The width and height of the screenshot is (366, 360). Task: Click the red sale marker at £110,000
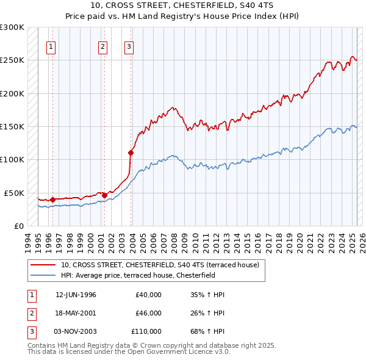tap(131, 153)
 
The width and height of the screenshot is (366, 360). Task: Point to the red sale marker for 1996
tap(52, 199)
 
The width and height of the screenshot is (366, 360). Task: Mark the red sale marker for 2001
tap(104, 195)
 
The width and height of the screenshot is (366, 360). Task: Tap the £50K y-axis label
tap(14, 193)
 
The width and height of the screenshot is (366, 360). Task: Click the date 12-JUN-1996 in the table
tap(76, 295)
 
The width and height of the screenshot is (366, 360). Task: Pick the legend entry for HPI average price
tap(146, 275)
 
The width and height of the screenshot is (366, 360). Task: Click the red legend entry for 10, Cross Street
tap(160, 265)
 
